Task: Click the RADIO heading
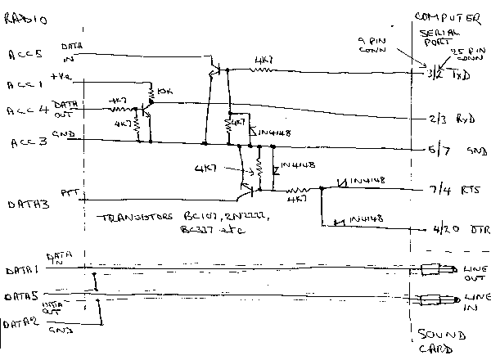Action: click(25, 17)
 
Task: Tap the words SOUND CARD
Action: click(442, 341)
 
